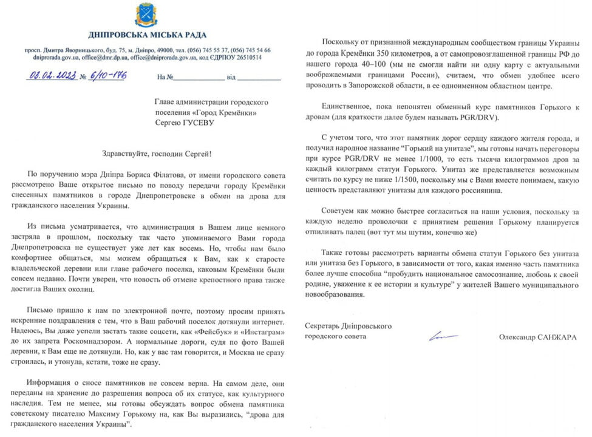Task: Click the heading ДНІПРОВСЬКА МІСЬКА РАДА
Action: pos(147,35)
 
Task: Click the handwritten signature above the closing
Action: pos(444,336)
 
